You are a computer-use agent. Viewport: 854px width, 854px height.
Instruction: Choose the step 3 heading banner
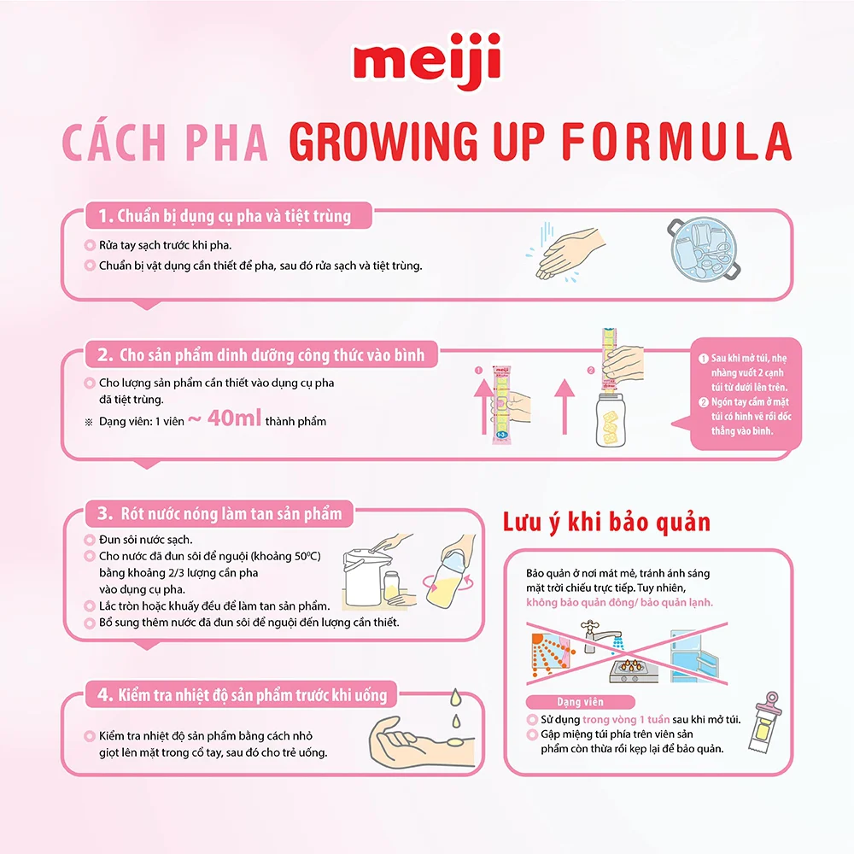(x=218, y=513)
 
